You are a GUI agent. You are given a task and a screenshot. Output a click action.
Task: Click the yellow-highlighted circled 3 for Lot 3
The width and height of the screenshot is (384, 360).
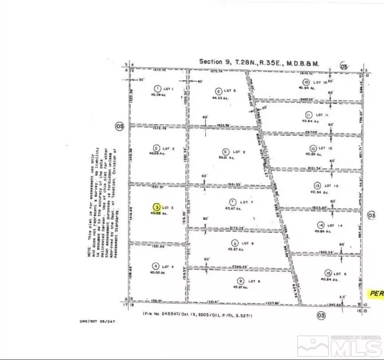156,208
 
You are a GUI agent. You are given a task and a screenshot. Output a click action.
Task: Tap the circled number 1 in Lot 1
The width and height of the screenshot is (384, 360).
156,88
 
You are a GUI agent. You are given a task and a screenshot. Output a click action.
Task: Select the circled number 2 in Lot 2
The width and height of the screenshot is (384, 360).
156,147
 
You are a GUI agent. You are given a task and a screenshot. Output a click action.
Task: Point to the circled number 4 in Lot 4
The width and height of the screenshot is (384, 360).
155,265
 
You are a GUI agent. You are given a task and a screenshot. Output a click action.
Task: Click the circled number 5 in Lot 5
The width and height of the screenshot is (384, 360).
219,91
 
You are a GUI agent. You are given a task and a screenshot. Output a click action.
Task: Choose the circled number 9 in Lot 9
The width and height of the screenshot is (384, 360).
240,281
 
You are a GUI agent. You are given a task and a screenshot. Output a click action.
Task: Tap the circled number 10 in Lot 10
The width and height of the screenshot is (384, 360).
307,82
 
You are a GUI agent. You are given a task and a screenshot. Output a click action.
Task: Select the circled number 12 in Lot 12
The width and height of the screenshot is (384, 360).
310,148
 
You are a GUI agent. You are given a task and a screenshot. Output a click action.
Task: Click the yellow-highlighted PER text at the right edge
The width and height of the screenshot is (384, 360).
376,293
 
